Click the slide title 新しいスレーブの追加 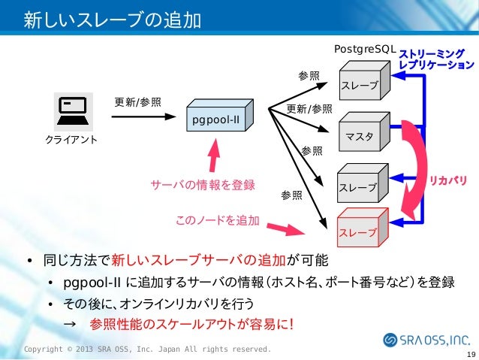(112, 19)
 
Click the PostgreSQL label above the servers (364, 49)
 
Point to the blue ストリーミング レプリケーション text (435, 59)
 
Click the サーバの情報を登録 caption (203, 185)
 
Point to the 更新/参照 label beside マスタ (309, 110)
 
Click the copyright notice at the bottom (147, 350)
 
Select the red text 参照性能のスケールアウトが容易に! (191, 324)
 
